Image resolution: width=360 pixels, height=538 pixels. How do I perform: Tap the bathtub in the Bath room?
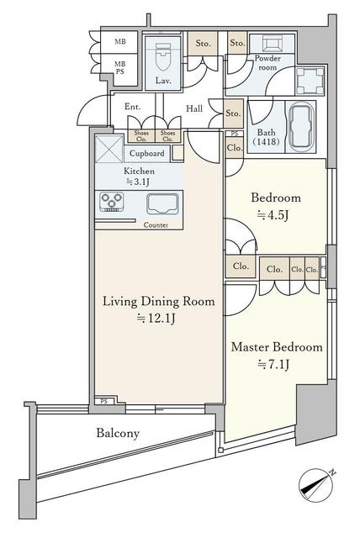pos(301,127)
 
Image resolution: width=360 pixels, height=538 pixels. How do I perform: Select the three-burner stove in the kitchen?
pos(111,202)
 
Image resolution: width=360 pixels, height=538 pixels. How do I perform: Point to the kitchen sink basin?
pos(162,203)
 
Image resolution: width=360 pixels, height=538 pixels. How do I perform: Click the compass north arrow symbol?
pos(315,486)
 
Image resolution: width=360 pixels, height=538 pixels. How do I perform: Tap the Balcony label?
pos(118,433)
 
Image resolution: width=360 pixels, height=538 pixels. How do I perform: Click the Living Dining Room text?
pos(159,301)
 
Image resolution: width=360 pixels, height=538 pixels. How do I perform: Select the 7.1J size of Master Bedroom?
pos(273,364)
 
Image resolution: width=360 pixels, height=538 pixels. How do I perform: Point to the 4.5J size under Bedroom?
pos(273,215)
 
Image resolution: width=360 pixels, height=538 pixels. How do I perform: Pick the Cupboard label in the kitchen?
pos(146,153)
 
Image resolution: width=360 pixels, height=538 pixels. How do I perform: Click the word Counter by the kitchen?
pos(156,225)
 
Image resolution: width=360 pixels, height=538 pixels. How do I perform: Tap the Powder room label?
pos(267,63)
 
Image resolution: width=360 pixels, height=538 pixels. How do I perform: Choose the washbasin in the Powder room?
pos(272,43)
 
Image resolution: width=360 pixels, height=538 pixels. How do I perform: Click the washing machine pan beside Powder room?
pos(310,81)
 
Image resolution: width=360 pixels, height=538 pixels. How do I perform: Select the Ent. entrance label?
pos(132,107)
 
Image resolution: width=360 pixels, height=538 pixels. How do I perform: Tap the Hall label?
pos(194,108)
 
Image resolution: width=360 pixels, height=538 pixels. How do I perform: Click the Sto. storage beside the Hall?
pos(233,113)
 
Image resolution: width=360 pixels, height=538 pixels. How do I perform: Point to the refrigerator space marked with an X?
pos(109,149)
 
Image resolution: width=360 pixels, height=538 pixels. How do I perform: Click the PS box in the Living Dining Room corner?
pos(104,401)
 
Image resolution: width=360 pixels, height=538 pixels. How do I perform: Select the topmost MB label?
pos(120,42)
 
